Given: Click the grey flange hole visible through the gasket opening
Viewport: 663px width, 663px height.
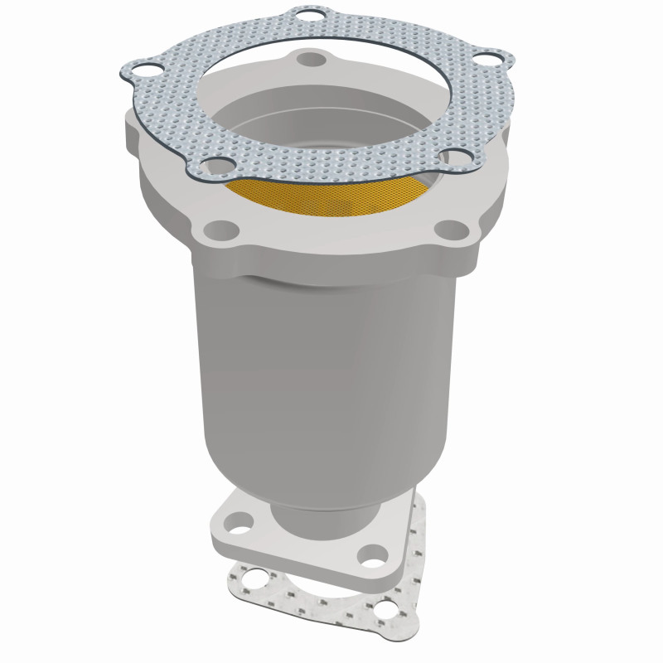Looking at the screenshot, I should tap(313, 60).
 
